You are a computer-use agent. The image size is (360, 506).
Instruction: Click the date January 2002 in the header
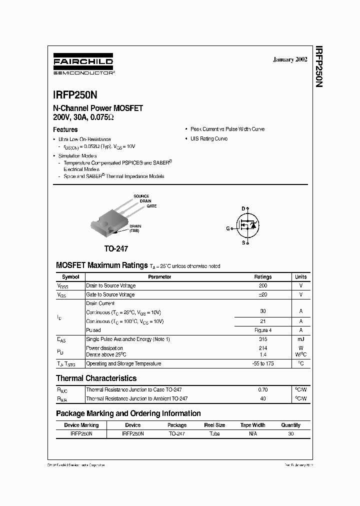click(290, 59)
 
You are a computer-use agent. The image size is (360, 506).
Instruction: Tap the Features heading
click(65, 129)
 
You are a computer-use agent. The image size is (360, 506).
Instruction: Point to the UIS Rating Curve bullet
click(208, 138)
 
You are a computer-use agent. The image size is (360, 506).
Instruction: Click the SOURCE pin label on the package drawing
click(141, 196)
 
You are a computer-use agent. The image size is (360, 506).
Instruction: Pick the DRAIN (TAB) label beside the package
click(135, 228)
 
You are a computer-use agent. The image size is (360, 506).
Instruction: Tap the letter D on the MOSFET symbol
click(243, 208)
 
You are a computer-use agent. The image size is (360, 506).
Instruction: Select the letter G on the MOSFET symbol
click(227, 228)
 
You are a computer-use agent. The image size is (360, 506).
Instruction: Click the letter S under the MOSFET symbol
click(243, 243)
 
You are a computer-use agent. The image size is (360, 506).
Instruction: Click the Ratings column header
click(263, 276)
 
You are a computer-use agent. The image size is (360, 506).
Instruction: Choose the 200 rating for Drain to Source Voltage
click(263, 285)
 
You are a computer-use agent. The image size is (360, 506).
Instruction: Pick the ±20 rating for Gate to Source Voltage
click(263, 294)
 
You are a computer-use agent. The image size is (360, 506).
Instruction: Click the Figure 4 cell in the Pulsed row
click(263, 330)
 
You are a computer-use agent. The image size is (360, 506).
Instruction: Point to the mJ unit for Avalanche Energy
click(301, 339)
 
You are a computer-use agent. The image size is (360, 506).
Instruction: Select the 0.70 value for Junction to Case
click(263, 389)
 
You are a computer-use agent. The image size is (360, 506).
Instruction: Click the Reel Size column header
click(214, 425)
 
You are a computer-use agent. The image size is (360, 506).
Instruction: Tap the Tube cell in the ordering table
click(214, 434)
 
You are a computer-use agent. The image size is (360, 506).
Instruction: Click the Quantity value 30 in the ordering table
click(290, 434)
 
